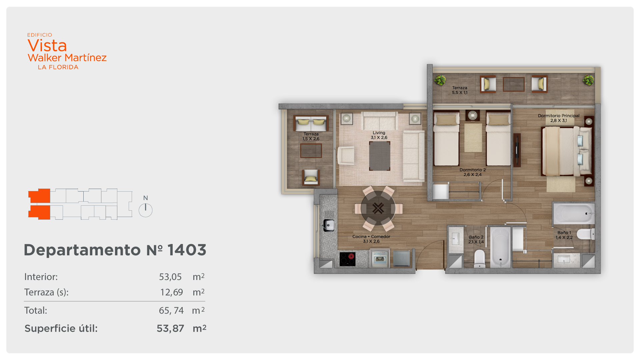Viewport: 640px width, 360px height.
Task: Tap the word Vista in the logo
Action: click(47, 46)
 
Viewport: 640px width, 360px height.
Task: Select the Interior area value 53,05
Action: click(170, 277)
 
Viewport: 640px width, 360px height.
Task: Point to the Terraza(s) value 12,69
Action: click(172, 292)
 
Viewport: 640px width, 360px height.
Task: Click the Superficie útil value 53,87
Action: click(170, 329)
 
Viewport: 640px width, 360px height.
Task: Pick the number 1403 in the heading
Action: click(187, 250)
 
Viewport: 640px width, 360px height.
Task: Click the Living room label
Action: click(379, 135)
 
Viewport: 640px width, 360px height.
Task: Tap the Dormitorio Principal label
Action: click(559, 118)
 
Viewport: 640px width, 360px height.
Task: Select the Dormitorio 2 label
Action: click(473, 172)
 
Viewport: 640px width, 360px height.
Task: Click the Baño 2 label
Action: click(476, 239)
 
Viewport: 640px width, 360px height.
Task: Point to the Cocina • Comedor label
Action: click(371, 239)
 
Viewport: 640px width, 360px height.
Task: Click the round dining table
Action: click(378, 208)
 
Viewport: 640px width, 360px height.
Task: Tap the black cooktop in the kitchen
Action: click(347, 259)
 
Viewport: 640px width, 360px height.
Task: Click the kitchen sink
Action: click(329, 225)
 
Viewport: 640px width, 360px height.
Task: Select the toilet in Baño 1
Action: click(586, 234)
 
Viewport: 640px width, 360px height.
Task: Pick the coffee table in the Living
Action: click(380, 156)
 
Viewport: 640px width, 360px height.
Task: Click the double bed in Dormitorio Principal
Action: click(567, 151)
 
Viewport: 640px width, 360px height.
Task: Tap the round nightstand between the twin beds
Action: click(473, 115)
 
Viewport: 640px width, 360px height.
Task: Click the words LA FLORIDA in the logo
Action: click(58, 67)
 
